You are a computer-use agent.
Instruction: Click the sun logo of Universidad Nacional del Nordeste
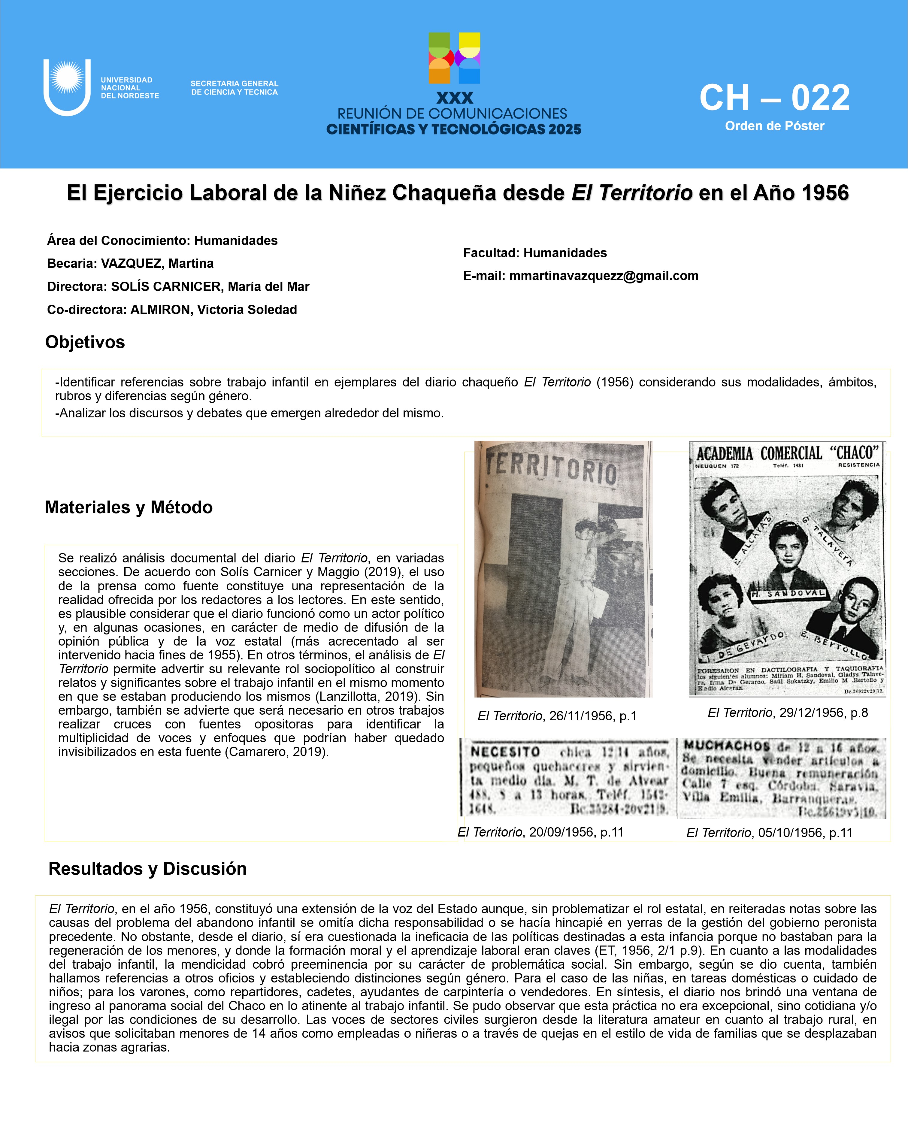67,78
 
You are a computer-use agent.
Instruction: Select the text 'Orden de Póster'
774,126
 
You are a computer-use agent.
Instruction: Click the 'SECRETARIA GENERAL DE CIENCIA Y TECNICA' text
234,88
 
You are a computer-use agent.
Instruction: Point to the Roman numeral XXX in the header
455,98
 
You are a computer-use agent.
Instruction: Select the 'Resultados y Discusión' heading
147,869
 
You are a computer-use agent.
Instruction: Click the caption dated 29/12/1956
788,713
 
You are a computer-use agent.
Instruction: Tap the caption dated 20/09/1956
540,832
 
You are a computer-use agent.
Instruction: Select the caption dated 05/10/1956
769,833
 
